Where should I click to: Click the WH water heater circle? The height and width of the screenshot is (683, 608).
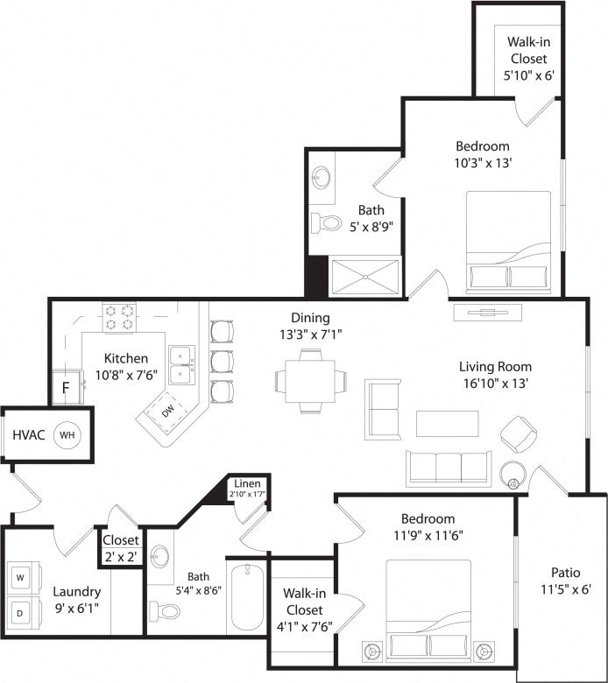67,434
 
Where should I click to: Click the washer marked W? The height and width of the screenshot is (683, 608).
21,578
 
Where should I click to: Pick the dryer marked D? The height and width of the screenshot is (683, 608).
21,611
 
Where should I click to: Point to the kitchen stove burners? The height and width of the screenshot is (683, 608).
118,317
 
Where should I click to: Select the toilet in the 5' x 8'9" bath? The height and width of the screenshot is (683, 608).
325,223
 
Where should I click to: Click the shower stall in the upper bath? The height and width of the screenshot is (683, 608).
364,278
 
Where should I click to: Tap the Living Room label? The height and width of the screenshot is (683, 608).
495,366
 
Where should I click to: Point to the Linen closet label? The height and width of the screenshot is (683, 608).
245,484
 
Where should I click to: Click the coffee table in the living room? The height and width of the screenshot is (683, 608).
448,424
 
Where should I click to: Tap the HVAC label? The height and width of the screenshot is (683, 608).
28,434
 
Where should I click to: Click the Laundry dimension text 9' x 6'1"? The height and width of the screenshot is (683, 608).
76,608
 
